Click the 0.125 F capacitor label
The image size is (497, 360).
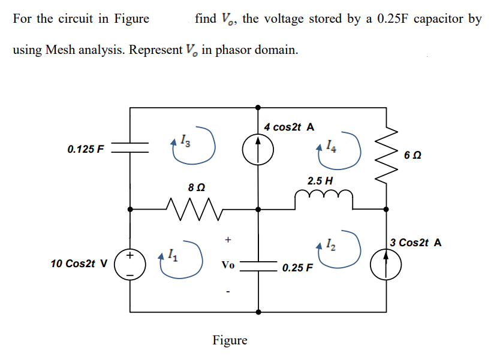(86, 149)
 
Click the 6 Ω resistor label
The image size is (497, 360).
(412, 155)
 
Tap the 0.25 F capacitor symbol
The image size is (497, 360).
(258, 265)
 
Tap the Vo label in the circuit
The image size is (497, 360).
(228, 265)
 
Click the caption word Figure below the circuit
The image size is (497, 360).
(230, 340)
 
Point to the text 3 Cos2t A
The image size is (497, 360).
(415, 243)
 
